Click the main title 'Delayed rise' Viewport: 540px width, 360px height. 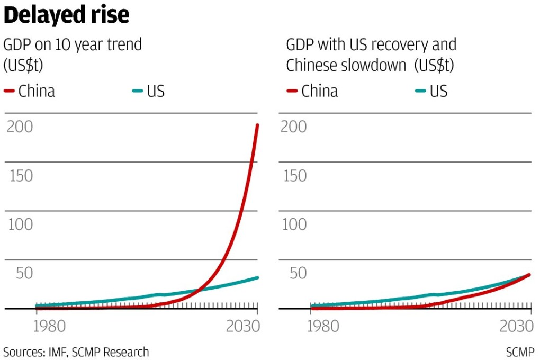(67, 15)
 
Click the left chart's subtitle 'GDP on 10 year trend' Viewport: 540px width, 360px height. (73, 44)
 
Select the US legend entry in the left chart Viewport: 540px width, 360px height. (149, 91)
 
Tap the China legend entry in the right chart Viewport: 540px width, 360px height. (312, 91)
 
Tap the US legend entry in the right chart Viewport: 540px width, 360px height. (431, 91)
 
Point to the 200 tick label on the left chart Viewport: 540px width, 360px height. (20, 127)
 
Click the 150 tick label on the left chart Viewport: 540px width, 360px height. (20, 176)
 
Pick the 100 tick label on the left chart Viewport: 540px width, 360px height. (20, 224)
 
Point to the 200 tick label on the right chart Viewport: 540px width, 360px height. (293, 127)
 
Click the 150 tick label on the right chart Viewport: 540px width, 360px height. (293, 176)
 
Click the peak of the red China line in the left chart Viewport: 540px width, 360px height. (257, 125)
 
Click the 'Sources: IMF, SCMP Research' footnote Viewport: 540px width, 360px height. (76, 352)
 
